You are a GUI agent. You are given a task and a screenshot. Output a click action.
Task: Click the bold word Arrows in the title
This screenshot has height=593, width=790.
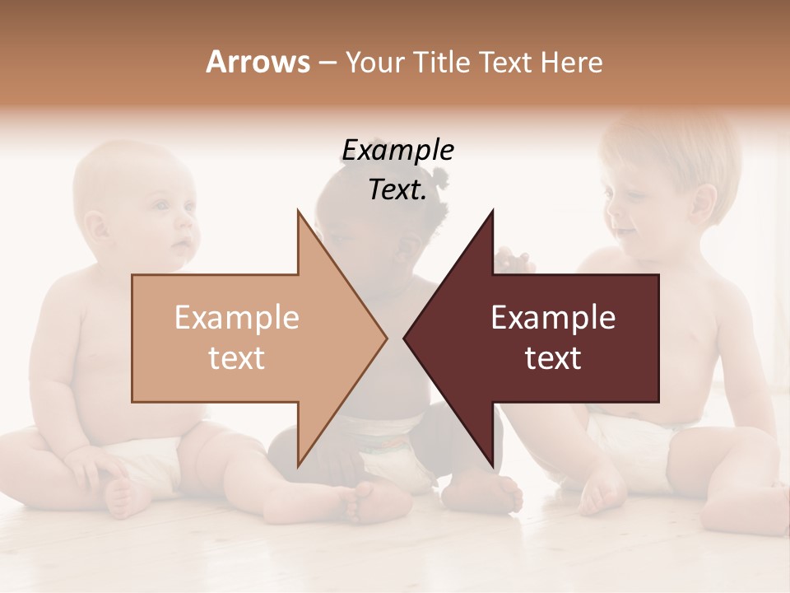tap(258, 62)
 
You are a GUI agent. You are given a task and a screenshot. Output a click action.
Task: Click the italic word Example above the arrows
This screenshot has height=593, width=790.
tap(397, 150)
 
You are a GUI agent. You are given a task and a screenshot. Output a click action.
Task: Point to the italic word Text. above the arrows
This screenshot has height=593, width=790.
tap(397, 189)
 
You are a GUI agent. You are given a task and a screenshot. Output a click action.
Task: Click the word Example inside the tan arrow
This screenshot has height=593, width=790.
tap(236, 318)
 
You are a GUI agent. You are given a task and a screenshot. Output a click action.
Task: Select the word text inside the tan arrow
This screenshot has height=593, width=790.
tap(236, 358)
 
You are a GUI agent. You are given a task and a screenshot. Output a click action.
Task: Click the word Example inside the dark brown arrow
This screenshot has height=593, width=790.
tap(553, 318)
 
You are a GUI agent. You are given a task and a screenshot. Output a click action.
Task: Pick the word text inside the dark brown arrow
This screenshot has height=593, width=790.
tap(553, 358)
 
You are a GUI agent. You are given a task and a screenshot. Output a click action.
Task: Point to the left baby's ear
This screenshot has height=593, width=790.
tap(95, 226)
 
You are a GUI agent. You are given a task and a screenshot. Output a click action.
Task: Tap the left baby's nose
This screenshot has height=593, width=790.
tap(188, 223)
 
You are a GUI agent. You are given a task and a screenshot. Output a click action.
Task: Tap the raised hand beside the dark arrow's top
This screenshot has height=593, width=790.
tap(514, 259)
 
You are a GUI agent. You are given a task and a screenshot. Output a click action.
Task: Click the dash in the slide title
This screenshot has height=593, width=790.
tap(327, 63)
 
